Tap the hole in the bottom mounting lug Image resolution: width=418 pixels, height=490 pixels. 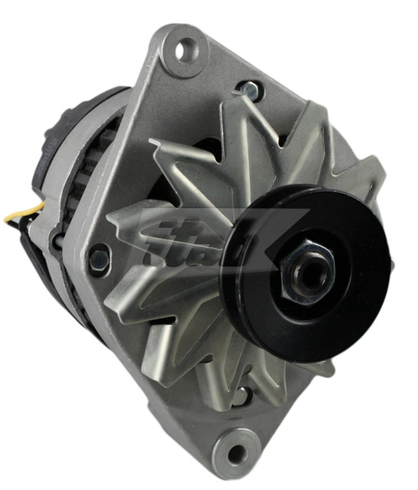tap(236, 448)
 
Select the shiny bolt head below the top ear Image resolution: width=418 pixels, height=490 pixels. tap(249, 87)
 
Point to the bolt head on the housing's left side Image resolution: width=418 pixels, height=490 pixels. tap(98, 259)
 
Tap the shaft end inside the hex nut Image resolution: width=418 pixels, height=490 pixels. tap(309, 270)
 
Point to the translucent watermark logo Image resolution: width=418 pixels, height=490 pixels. tap(204, 245)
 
